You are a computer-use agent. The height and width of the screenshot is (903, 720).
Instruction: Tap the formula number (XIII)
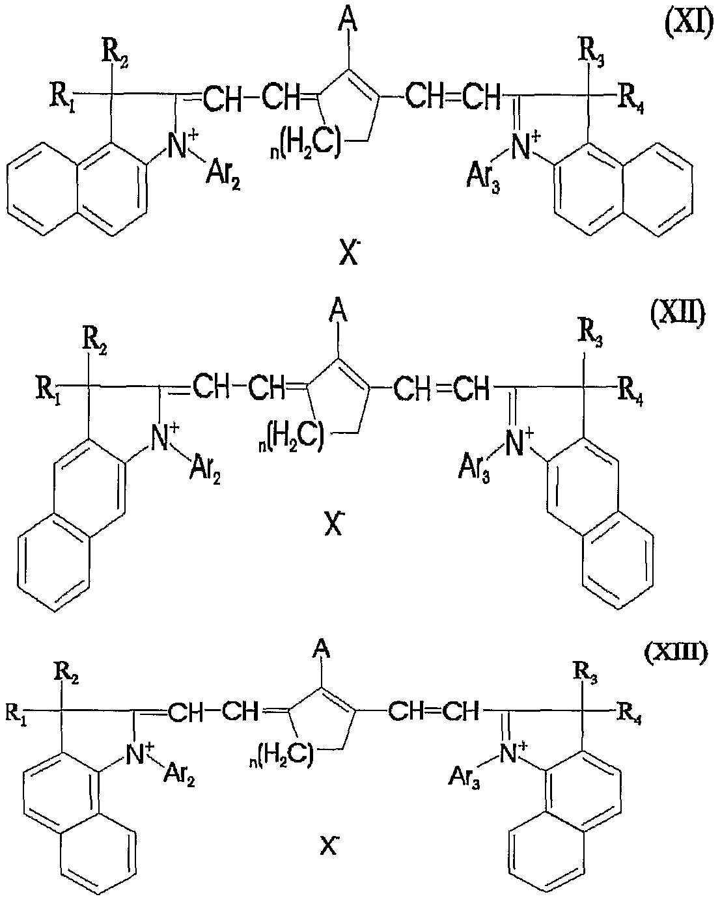pyautogui.click(x=676, y=652)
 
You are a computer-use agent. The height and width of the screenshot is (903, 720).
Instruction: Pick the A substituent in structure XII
pyautogui.click(x=338, y=312)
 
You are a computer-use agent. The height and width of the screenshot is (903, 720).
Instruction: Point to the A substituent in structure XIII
pyautogui.click(x=322, y=650)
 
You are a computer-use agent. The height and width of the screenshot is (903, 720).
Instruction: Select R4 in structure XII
pyautogui.click(x=630, y=393)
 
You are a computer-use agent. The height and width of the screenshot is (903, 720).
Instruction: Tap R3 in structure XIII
pyautogui.click(x=586, y=674)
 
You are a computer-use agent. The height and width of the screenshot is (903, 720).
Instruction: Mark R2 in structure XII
pyautogui.click(x=94, y=342)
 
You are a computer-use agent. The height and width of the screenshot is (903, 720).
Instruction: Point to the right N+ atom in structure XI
pyautogui.click(x=525, y=146)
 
